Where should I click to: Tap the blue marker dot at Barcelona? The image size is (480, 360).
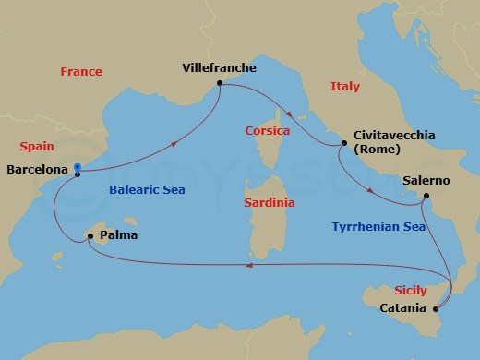tap(78, 168)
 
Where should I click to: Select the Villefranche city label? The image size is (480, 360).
tap(220, 67)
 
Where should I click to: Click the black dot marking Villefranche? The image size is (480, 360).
tap(220, 84)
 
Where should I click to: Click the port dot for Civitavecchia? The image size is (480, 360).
tap(344, 143)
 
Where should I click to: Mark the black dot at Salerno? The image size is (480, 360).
tap(426, 197)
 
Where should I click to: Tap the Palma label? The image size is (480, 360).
tap(119, 235)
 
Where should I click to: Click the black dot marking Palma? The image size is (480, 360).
tap(90, 236)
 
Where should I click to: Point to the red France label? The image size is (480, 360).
tap(81, 71)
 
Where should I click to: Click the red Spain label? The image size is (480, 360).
tap(37, 146)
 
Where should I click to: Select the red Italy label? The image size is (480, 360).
tap(345, 86)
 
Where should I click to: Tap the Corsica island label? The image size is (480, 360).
tap(268, 130)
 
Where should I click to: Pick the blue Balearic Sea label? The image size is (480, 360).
tap(148, 190)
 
